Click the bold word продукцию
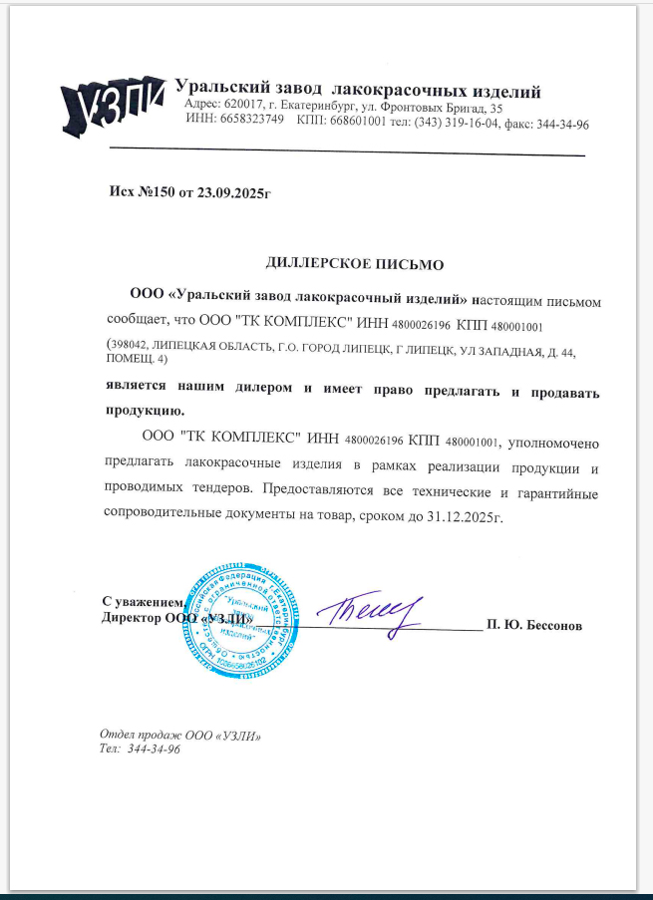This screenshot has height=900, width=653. click(x=147, y=411)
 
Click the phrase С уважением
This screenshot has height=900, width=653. click(x=143, y=601)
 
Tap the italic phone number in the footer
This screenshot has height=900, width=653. click(x=154, y=750)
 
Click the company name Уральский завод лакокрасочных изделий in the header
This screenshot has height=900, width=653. click(x=358, y=92)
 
